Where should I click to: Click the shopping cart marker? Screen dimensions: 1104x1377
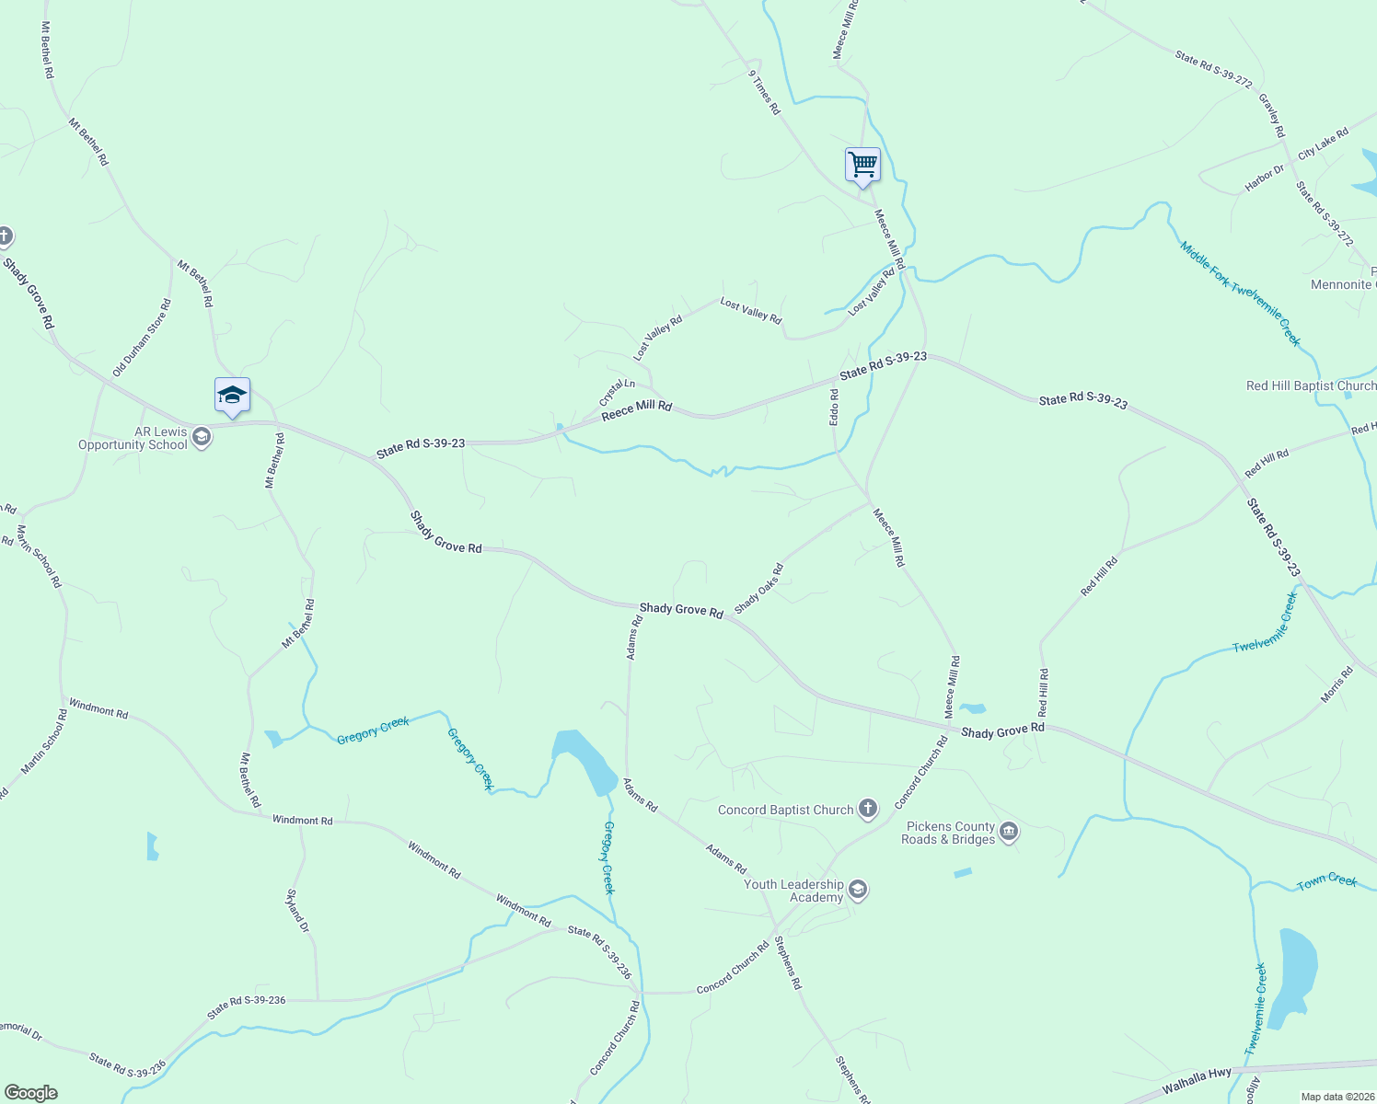pos(862,166)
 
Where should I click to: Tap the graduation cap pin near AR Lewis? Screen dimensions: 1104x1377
pos(232,396)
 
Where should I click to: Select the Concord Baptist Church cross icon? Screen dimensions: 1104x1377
pos(867,810)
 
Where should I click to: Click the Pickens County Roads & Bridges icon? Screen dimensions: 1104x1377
pos(1009,833)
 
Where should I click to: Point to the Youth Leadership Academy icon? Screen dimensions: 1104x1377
pos(858,890)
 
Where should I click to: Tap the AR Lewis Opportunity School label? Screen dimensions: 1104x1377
pos(134,439)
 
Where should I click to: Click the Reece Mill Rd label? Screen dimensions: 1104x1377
pos(637,410)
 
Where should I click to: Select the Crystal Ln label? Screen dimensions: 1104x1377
pos(617,392)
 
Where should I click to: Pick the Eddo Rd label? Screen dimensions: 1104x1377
pos(835,407)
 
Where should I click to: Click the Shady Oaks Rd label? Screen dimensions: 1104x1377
pos(758,589)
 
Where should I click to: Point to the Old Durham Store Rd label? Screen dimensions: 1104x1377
pos(142,338)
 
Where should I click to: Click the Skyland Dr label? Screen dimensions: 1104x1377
pos(297,911)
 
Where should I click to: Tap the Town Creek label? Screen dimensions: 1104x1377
pos(1326,881)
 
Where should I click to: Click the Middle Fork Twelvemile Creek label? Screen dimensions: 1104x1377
pos(1240,293)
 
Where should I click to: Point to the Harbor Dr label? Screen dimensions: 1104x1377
pos(1264,178)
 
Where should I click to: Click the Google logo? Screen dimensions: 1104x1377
pos(31,1093)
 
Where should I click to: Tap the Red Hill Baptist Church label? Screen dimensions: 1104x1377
pos(1311,385)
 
